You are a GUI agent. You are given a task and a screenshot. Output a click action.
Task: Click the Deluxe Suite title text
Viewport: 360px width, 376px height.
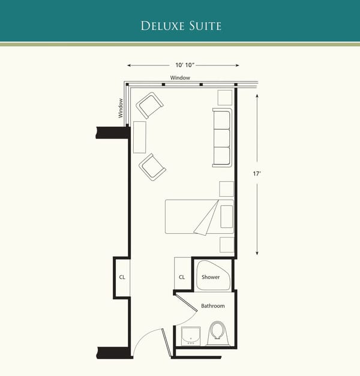point(181,26)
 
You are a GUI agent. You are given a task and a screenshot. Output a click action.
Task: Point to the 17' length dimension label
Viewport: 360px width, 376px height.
point(257,174)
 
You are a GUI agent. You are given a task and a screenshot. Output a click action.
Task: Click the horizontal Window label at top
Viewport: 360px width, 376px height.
point(180,78)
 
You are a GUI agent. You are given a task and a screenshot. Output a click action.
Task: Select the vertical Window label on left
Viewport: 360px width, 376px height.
point(121,108)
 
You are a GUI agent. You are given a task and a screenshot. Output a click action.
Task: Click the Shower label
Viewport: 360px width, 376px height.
point(211,277)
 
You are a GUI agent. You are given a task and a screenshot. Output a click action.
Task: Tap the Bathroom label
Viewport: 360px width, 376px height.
point(213,306)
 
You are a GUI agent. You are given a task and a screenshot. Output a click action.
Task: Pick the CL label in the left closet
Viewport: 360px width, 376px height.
point(122,277)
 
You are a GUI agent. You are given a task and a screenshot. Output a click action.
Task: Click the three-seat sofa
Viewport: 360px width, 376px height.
point(221,138)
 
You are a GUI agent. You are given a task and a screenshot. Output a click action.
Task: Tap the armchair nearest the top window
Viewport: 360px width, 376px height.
point(149,105)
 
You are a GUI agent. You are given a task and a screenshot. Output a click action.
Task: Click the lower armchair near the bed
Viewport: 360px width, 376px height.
point(152,167)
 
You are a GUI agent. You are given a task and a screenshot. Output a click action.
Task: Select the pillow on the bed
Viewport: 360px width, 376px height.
point(226,216)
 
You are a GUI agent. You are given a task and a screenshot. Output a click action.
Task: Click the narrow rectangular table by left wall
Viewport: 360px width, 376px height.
point(140,137)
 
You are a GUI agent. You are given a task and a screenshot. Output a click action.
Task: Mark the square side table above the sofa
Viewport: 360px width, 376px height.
point(225,98)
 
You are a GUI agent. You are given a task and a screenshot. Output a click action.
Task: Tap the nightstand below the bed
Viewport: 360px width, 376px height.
point(226,245)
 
